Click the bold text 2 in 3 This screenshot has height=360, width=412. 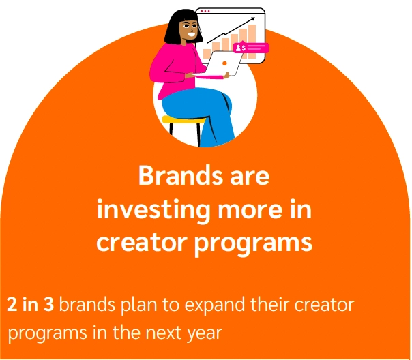coord(31,304)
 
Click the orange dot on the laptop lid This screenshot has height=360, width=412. coord(224,63)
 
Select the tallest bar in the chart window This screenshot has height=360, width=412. coord(252,41)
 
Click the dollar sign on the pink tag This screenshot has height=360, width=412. coord(243,48)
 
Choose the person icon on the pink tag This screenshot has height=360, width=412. coord(237,48)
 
